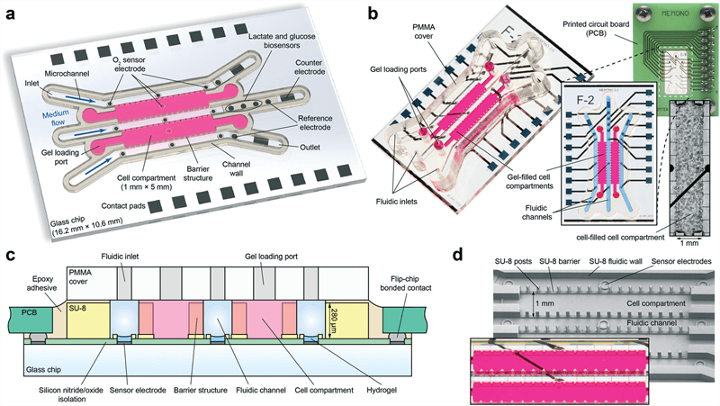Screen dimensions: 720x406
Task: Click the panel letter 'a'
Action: point(11,14)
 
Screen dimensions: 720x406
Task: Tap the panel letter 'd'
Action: point(458,255)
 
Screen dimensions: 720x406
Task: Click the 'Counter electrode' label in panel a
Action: point(310,67)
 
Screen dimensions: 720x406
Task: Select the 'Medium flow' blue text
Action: point(56,118)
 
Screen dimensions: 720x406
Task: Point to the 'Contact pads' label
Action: point(122,206)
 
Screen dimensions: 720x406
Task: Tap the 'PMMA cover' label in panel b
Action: point(423,32)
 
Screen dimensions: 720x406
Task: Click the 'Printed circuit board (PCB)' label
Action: point(596,29)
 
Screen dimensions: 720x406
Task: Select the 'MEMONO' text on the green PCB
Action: point(675,14)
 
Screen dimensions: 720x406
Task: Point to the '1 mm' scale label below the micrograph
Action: point(686,243)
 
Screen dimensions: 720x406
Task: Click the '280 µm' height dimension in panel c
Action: point(335,320)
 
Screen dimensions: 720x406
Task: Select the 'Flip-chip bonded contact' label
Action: point(406,283)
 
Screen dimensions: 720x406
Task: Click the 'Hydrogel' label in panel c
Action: point(382,390)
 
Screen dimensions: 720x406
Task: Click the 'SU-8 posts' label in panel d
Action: point(513,261)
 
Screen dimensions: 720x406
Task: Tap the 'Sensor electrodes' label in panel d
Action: point(681,261)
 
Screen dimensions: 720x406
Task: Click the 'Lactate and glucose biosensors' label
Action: point(282,41)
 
